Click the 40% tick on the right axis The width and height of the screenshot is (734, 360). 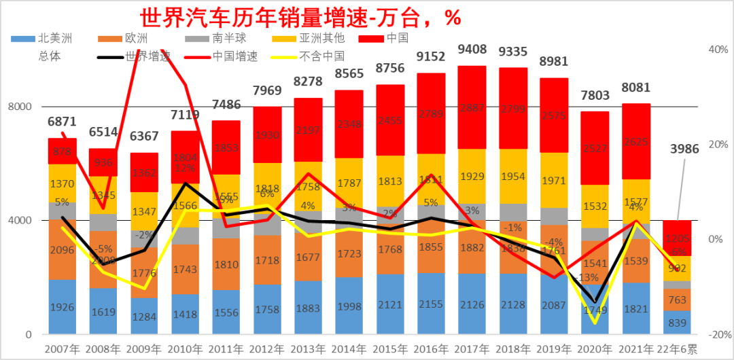717,50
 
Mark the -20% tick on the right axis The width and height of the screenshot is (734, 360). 716,335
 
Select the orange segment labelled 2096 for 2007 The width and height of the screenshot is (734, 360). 63,249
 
